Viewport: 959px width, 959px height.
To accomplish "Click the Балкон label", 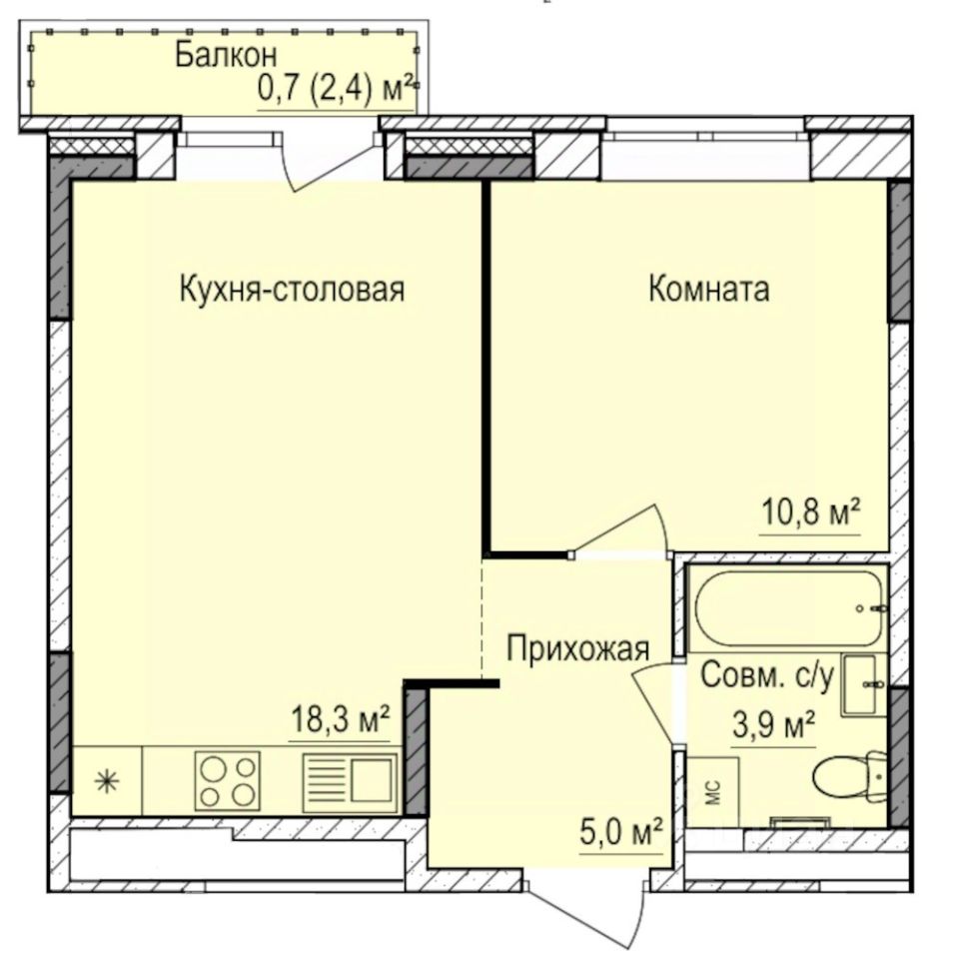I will (x=226, y=55).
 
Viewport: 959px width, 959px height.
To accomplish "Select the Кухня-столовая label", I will (x=292, y=290).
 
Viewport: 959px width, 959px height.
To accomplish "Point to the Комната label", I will (x=708, y=290).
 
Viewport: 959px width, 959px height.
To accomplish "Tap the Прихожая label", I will (x=578, y=648).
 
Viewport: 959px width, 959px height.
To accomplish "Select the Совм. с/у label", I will (x=766, y=676).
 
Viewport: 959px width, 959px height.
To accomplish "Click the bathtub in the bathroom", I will (x=789, y=607).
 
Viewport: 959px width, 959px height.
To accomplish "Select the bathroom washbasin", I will (x=861, y=684).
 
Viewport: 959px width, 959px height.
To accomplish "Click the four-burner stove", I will (x=229, y=780).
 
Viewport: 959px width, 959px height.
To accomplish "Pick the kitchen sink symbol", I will (x=349, y=780).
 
